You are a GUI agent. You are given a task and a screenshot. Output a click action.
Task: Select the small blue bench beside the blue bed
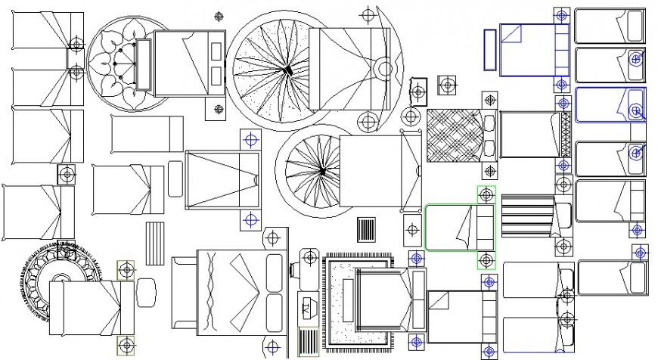(489, 49)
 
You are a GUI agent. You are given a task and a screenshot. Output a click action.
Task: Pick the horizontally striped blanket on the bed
(527, 217)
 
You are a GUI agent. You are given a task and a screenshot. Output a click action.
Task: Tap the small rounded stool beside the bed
(146, 293)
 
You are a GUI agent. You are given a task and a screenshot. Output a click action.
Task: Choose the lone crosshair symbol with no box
(219, 15)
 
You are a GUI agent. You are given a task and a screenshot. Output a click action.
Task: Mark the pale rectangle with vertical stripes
(155, 243)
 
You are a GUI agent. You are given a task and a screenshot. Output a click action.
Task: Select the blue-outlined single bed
(610, 104)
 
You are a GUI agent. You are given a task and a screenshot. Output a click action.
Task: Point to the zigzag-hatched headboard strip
(565, 135)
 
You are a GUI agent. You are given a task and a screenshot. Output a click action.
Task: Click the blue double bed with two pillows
(532, 50)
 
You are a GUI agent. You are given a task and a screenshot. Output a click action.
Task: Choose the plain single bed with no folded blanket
(147, 134)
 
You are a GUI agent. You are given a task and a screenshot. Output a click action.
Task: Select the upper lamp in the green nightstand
(486, 194)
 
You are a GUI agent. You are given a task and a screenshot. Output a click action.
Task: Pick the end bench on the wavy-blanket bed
(184, 293)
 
